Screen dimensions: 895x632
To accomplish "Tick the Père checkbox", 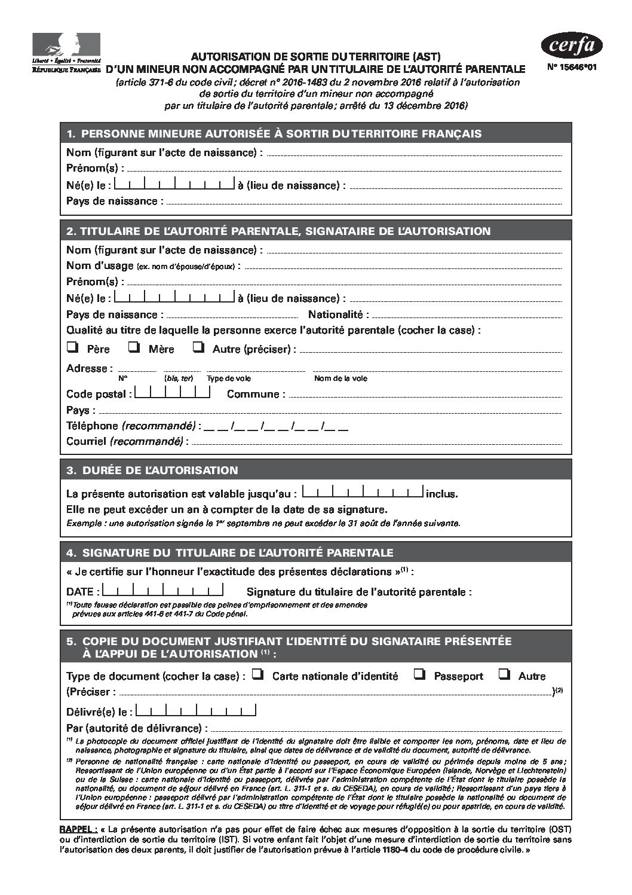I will (73, 347).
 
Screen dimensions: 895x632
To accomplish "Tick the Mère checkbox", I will (134, 347).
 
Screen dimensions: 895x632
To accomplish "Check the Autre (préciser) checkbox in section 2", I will (199, 347).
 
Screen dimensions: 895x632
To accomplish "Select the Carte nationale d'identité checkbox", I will (257, 674).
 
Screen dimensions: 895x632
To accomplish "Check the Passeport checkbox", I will (419, 674).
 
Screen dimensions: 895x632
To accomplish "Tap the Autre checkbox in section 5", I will (505, 674).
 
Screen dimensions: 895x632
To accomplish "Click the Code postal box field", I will (173, 393).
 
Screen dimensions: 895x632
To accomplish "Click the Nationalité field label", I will (338, 314).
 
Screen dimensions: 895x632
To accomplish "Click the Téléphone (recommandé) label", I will (131, 426).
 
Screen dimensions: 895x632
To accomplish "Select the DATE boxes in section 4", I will (163, 591).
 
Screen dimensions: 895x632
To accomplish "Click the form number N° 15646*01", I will (571, 68).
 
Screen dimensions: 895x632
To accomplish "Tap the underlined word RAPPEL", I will (79, 830).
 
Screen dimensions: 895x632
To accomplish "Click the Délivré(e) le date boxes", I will (196, 711).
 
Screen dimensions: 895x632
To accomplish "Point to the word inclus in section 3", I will (441, 494).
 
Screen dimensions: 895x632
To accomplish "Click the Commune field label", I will (256, 394).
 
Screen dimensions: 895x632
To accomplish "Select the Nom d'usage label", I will (100, 265).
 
